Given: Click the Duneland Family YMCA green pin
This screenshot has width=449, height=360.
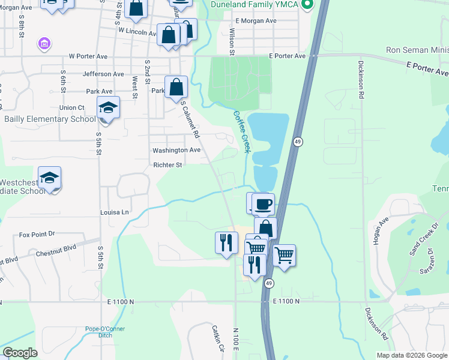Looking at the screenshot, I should [308, 5].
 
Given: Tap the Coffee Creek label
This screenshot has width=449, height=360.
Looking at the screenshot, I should [241, 130].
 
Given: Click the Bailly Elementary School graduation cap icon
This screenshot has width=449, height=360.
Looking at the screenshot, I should [108, 108].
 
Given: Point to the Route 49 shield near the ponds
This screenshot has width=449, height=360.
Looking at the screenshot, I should [298, 142].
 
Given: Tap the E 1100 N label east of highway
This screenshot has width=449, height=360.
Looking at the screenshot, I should [286, 301].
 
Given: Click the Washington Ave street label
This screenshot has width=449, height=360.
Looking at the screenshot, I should [176, 150].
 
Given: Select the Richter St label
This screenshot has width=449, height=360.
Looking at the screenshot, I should [167, 165].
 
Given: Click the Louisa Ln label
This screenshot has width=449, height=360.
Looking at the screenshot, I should [115, 212].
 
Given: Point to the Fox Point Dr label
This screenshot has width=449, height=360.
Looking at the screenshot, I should [37, 234].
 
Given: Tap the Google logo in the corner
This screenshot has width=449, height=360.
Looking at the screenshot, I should [20, 353].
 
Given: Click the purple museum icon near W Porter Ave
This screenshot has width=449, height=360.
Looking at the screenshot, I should [44, 43].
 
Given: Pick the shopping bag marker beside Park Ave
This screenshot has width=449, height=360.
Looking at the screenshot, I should [176, 88].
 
